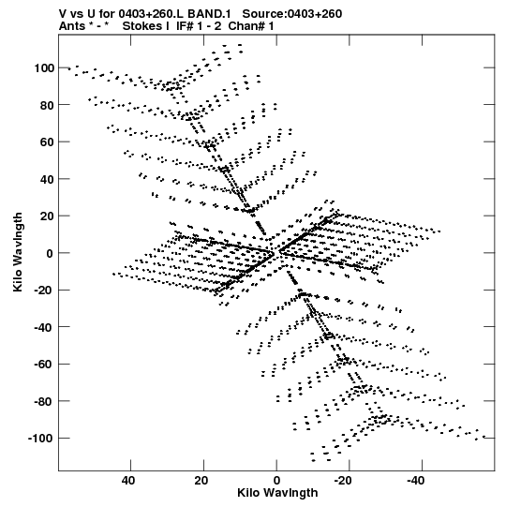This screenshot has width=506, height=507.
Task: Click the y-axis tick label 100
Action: point(44,68)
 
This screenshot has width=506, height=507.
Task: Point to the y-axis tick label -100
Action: point(40,439)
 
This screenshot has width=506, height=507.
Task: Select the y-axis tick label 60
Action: point(47,142)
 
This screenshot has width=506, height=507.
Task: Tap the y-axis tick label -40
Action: point(44,328)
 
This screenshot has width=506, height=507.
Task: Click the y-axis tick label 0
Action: point(50,253)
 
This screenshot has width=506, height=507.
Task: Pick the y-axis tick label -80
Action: point(44,402)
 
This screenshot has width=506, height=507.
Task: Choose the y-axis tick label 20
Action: point(47,216)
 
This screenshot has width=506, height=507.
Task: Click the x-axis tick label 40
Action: point(128,481)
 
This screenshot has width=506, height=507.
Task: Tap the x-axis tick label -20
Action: point(343,481)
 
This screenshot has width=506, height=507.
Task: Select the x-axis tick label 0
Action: point(276,481)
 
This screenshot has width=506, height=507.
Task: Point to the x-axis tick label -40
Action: point(416,481)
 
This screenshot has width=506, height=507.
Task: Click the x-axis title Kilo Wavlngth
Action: point(277,493)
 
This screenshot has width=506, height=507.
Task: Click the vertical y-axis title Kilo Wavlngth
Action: point(18,252)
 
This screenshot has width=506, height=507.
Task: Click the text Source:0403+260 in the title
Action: point(292,14)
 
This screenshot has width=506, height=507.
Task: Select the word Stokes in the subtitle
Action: point(145,26)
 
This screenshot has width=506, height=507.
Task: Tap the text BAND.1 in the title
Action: point(209,14)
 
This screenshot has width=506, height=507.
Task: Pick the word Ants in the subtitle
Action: point(71,26)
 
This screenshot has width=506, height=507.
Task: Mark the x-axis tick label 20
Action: point(201,481)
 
